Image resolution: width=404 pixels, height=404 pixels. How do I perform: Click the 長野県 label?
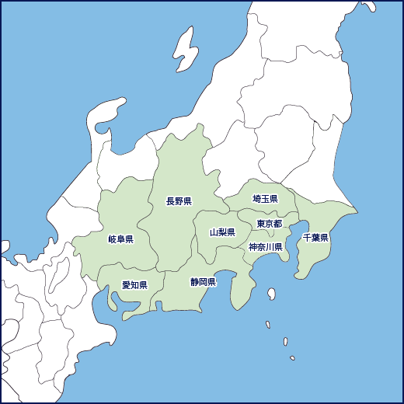click(x=179, y=201)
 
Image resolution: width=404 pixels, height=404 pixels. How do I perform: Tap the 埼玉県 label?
click(x=265, y=200)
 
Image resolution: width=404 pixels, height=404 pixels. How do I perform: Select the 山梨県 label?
click(x=222, y=232)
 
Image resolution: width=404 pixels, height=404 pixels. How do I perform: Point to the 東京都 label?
click(x=269, y=224)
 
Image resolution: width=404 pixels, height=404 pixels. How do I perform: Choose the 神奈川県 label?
click(x=265, y=247)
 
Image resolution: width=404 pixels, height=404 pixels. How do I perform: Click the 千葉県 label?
click(x=316, y=237)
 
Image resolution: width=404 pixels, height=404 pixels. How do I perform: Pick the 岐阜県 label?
click(x=120, y=239)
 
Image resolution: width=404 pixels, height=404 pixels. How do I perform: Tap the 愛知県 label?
click(x=134, y=285)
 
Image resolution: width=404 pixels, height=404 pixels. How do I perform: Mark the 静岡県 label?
click(x=203, y=281)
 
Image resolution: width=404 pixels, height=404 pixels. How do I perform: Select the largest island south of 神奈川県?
click(x=271, y=294)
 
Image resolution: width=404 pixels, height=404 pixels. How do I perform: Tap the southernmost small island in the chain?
click(x=292, y=358)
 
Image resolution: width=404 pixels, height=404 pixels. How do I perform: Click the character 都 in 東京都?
click(x=277, y=224)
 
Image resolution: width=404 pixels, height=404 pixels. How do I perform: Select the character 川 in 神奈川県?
click(x=269, y=247)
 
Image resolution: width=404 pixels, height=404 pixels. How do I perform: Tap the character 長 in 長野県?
click(x=170, y=201)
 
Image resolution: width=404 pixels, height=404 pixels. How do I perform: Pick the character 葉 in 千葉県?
click(x=316, y=237)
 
